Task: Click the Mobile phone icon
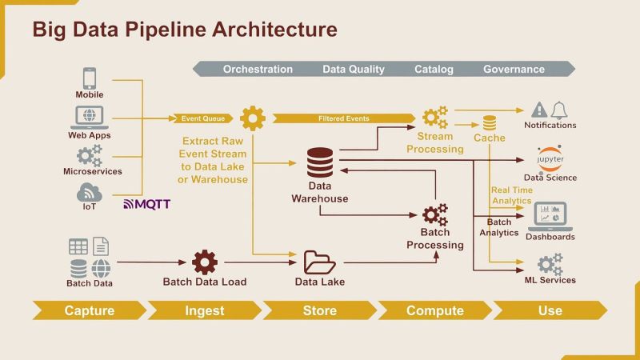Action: pyautogui.click(x=90, y=78)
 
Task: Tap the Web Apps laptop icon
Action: pyautogui.click(x=90, y=117)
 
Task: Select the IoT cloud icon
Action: pyautogui.click(x=89, y=193)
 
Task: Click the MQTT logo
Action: pyautogui.click(x=146, y=204)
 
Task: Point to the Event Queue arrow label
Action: pyautogui.click(x=202, y=118)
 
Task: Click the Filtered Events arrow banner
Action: pyautogui.click(x=344, y=118)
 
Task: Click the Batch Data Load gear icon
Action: pyautogui.click(x=205, y=262)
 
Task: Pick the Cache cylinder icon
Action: pyautogui.click(x=489, y=122)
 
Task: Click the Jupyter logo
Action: pyautogui.click(x=550, y=158)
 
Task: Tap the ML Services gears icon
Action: pyautogui.click(x=550, y=263)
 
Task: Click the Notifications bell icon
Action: pyautogui.click(x=558, y=110)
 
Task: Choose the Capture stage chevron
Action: pyautogui.click(x=89, y=310)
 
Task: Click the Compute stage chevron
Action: pyautogui.click(x=434, y=310)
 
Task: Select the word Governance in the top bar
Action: pyautogui.click(x=514, y=69)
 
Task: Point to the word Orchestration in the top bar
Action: pyautogui.click(x=258, y=69)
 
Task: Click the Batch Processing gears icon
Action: pyautogui.click(x=435, y=215)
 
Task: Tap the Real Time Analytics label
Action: pyautogui.click(x=512, y=195)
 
